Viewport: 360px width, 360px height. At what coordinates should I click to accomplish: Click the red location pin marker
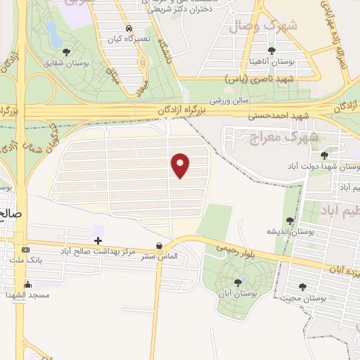click(x=181, y=165)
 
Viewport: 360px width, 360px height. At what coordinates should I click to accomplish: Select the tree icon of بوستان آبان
click(x=237, y=283)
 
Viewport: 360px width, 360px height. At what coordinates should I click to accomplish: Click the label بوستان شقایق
click(x=66, y=63)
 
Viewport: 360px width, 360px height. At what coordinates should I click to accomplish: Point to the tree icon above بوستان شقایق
click(x=66, y=52)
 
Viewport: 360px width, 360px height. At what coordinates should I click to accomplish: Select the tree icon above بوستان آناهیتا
click(x=272, y=51)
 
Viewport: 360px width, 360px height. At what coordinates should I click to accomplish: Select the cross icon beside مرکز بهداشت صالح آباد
click(x=98, y=241)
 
